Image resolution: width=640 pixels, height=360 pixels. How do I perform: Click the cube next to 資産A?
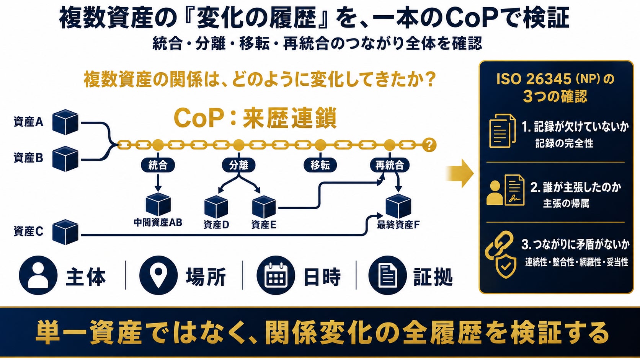tap(65, 122)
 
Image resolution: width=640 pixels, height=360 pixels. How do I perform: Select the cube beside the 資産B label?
tap(65, 159)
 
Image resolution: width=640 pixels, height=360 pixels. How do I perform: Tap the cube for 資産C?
tap(65, 232)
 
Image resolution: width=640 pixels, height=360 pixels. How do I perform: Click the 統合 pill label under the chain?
tap(158, 165)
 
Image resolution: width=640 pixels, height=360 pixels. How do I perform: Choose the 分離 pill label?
tap(238, 165)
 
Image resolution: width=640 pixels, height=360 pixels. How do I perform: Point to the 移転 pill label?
tap(320, 165)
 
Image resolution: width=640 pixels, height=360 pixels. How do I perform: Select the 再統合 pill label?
tap(390, 165)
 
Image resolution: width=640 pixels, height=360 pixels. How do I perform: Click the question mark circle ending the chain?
tap(429, 145)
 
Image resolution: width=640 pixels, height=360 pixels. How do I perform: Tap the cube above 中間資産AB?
tap(158, 204)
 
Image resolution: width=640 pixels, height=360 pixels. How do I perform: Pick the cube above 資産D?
tap(216, 207)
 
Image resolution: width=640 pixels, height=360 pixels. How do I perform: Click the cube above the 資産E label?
tap(264, 207)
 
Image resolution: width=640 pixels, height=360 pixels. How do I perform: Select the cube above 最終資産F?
tap(398, 206)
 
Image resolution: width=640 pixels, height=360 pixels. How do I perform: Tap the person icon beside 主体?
tap(38, 275)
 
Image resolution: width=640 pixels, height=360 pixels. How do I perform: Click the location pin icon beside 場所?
tap(158, 275)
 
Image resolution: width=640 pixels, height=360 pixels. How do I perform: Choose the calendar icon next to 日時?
tap(276, 275)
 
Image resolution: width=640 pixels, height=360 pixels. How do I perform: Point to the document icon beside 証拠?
tap(388, 275)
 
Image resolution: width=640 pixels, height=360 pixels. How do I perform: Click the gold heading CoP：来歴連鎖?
tap(255, 118)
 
